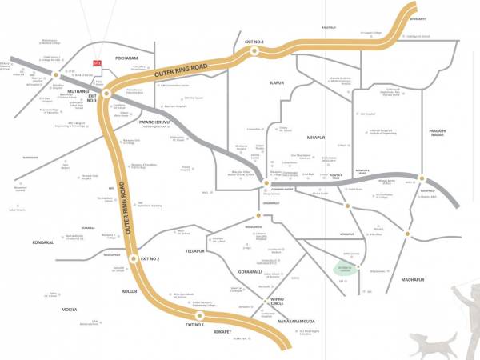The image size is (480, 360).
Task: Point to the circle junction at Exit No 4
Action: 254,50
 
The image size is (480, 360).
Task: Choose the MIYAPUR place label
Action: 317,136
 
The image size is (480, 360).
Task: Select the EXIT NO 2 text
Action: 150,259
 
